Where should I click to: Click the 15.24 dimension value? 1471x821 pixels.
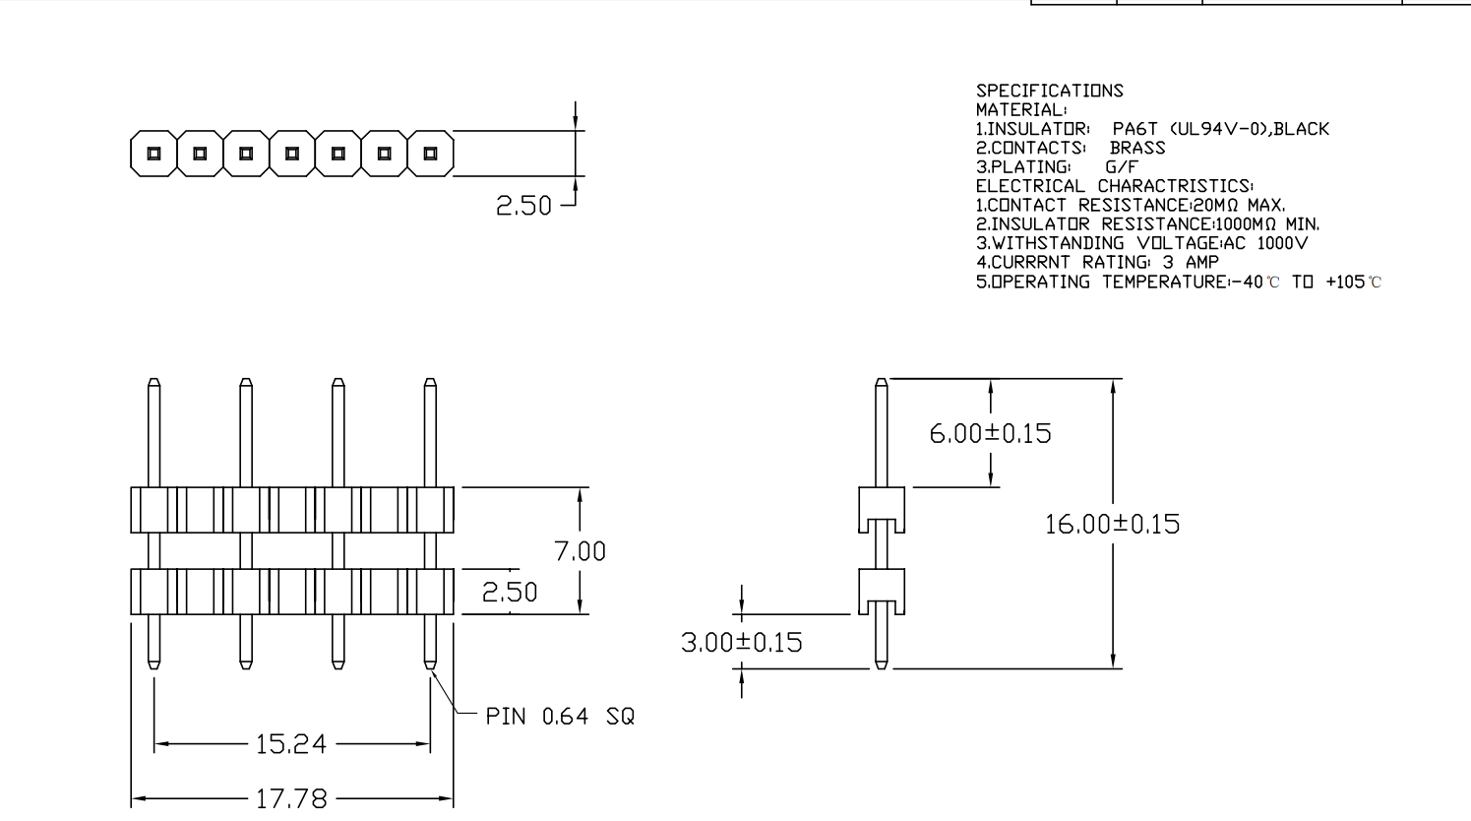coord(290,744)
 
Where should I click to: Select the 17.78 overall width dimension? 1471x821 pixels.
coord(291,797)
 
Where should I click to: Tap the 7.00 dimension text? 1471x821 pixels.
coord(581,551)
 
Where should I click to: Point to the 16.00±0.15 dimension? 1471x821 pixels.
coord(1112,524)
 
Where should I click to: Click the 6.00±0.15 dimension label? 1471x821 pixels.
coord(990,433)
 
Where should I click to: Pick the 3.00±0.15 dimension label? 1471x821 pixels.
coord(741,643)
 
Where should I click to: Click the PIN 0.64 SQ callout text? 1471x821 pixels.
coord(560,717)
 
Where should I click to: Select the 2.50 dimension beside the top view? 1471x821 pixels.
coord(523,206)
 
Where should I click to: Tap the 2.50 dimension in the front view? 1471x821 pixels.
coord(510,593)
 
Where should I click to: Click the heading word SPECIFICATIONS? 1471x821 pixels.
coord(1049,91)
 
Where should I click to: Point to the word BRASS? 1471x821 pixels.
coord(1137,148)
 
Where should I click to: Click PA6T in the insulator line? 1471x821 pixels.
coord(1134,129)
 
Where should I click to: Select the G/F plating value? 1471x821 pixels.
coord(1121,167)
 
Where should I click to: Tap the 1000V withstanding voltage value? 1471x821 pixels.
coord(1282,243)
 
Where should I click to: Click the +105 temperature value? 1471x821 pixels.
coord(1345,282)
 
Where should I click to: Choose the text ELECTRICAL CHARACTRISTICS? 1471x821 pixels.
coord(1115,186)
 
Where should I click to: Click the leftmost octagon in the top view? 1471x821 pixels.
coord(153,154)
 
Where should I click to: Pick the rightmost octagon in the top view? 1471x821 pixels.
coord(430,154)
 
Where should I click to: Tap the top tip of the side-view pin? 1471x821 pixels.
coord(882,382)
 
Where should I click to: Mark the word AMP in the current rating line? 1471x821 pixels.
coord(1201,263)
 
